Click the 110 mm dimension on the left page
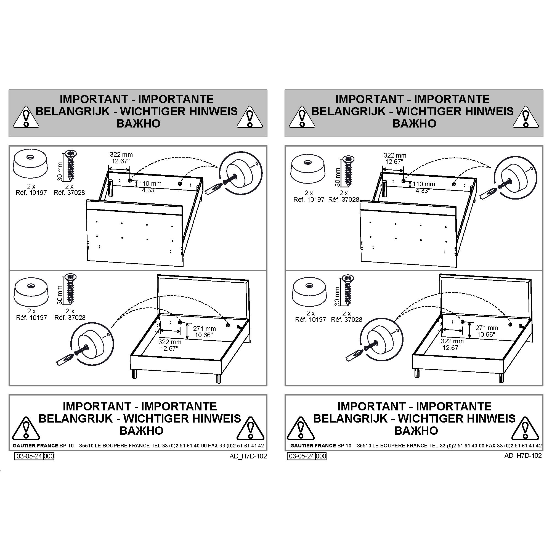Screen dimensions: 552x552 click(x=150, y=184)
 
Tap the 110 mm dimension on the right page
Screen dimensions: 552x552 click(x=424, y=184)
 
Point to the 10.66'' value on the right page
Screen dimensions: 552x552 click(x=486, y=334)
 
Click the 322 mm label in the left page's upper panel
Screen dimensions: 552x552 click(x=121, y=155)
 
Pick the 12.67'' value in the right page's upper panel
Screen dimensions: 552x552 click(x=394, y=162)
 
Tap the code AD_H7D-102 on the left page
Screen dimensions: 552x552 click(x=248, y=456)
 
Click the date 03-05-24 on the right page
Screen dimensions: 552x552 click(x=302, y=456)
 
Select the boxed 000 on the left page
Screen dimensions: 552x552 click(x=49, y=456)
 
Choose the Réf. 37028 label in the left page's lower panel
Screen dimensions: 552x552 click(x=70, y=317)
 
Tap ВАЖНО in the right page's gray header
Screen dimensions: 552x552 click(x=414, y=123)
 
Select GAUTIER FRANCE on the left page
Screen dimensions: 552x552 click(x=31, y=445)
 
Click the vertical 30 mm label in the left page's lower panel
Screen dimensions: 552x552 click(x=60, y=295)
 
